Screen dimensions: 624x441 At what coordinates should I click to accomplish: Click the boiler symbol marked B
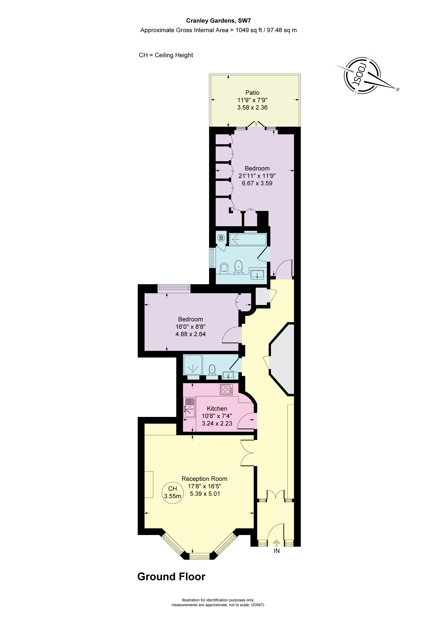[x=221, y=238]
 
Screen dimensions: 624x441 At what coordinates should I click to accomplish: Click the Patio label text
[x=252, y=93]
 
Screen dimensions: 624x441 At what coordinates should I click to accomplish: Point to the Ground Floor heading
[x=171, y=576]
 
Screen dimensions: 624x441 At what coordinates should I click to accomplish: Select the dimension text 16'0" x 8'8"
[x=190, y=327]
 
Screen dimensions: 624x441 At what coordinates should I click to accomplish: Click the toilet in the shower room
[x=212, y=370]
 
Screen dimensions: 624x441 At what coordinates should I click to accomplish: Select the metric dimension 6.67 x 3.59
[x=257, y=183]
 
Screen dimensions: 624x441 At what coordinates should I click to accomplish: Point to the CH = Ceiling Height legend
[x=166, y=55]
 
